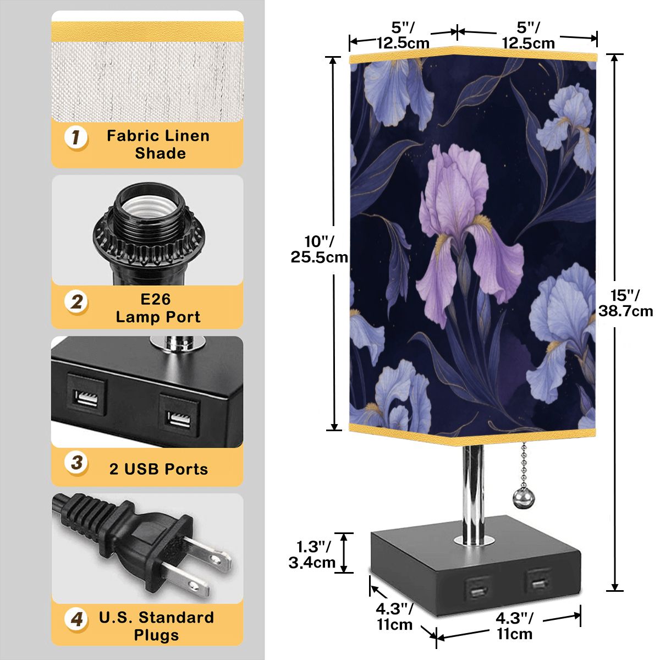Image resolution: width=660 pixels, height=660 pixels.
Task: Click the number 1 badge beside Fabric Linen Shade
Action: pyautogui.click(x=76, y=137)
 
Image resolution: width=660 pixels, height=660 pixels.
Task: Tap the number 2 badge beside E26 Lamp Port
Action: pyautogui.click(x=76, y=302)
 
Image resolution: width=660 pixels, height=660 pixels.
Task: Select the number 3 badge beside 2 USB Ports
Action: pyautogui.click(x=76, y=464)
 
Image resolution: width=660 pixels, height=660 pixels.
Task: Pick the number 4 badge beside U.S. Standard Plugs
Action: pyautogui.click(x=76, y=619)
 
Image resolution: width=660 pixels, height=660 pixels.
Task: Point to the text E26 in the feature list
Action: pyautogui.click(x=156, y=299)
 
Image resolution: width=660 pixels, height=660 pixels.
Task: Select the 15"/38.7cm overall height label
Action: pyautogui.click(x=626, y=304)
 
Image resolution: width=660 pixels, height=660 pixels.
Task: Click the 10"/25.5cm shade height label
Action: pyautogui.click(x=319, y=249)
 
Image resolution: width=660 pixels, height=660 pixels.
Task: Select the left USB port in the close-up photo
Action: pyautogui.click(x=86, y=398)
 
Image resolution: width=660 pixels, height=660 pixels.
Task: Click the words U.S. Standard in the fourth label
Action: pyautogui.click(x=157, y=618)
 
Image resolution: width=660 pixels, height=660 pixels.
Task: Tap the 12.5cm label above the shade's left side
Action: pyautogui.click(x=403, y=43)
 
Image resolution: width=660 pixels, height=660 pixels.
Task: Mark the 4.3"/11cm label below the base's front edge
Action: pyautogui.click(x=514, y=626)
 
